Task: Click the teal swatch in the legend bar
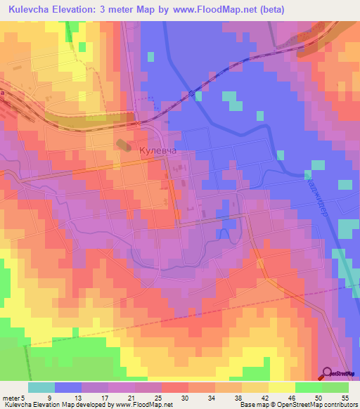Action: click(x=41, y=387)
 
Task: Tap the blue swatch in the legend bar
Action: click(x=68, y=387)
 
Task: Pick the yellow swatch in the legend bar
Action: click(x=281, y=387)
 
